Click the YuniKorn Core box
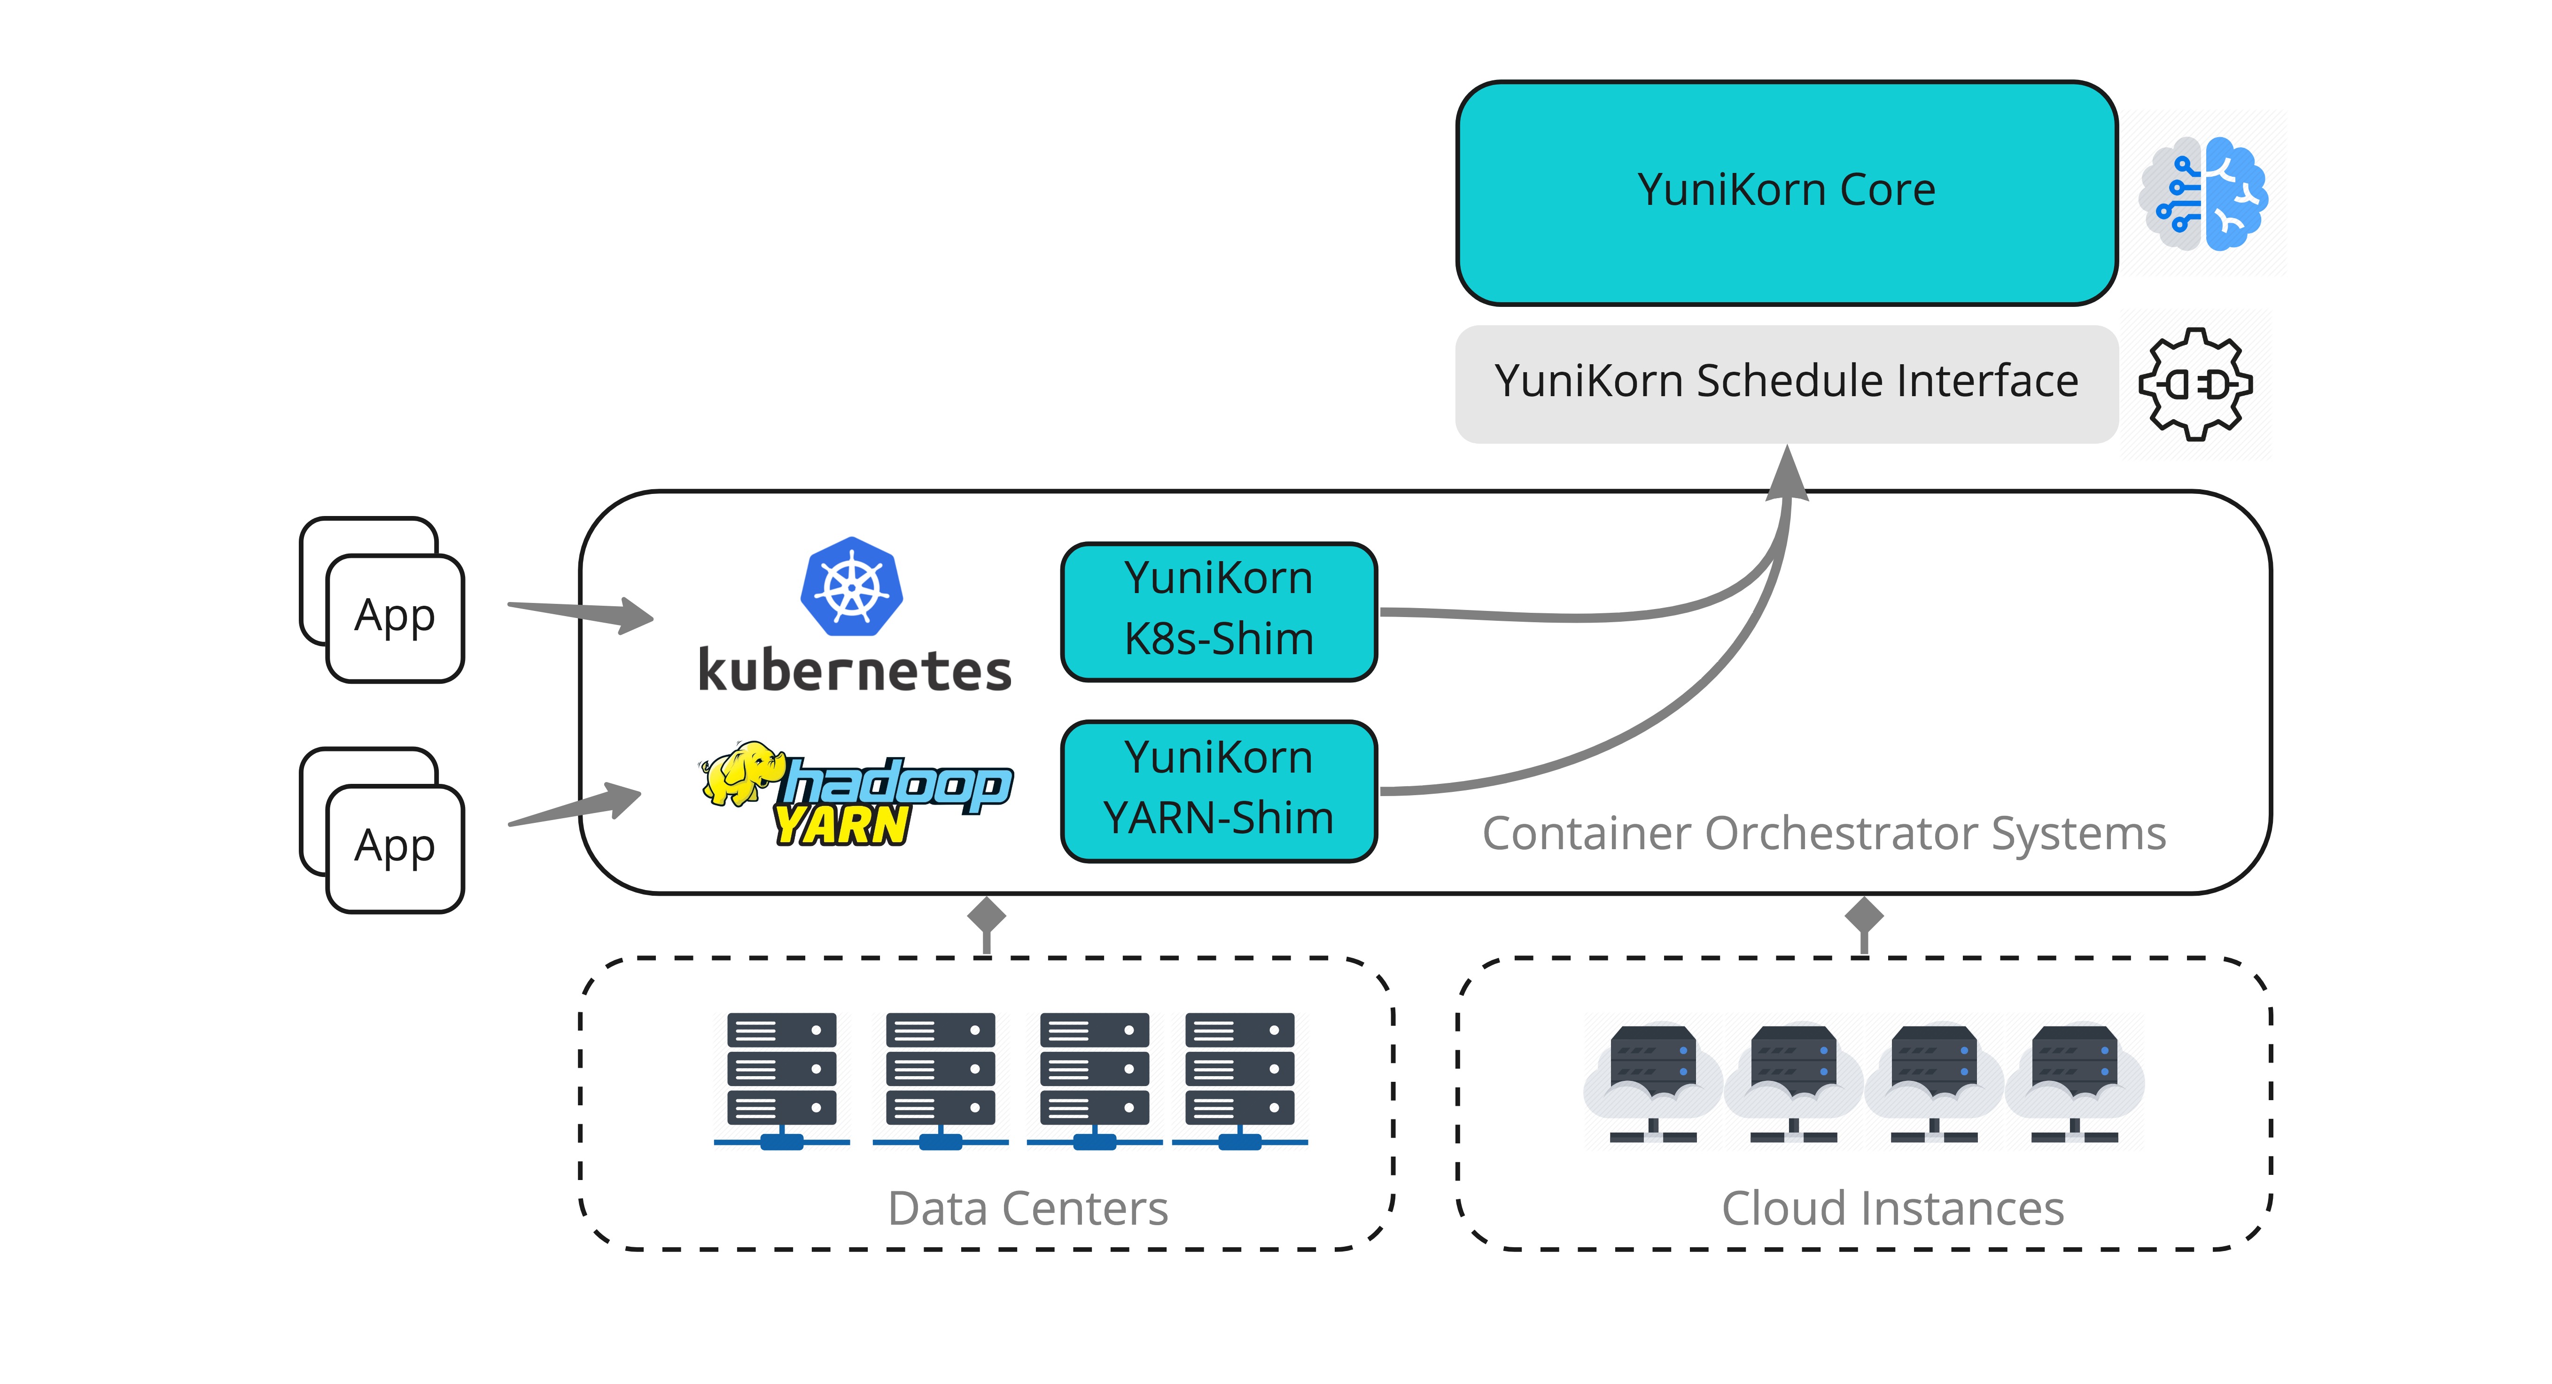coord(1786,193)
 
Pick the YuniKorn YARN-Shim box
coord(1219,790)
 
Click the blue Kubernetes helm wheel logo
coord(851,586)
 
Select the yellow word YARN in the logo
coord(842,825)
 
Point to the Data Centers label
coord(1027,1208)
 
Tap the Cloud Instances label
coord(1892,1208)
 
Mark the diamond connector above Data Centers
coord(987,916)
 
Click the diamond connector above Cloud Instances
coord(1863,916)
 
